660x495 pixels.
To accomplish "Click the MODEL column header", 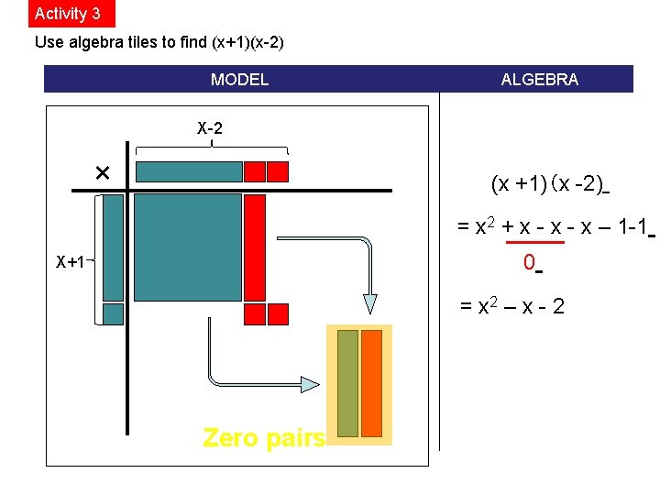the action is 239,80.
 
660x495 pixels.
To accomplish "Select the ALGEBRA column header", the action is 539,80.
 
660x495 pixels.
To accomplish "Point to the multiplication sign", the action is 102,172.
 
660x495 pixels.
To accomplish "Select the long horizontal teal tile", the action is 189,171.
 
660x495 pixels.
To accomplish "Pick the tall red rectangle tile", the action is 254,247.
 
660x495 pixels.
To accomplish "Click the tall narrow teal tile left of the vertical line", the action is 113,247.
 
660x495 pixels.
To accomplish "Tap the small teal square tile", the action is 113,314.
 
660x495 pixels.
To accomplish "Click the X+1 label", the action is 71,262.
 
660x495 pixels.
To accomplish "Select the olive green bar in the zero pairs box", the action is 347,383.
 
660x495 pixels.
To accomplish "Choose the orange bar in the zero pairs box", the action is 371,383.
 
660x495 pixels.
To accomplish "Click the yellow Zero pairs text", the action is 264,438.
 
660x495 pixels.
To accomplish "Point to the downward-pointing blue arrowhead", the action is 369,303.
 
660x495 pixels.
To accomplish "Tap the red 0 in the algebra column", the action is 529,262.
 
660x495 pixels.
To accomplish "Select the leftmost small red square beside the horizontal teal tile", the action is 254,171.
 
